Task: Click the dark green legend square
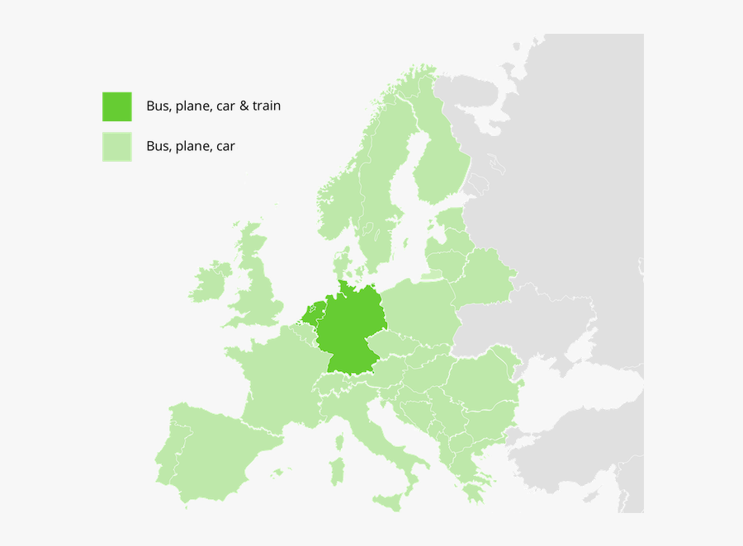click(116, 106)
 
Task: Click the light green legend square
click(116, 147)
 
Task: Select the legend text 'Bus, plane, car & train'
click(213, 106)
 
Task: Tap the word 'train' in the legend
click(267, 106)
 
